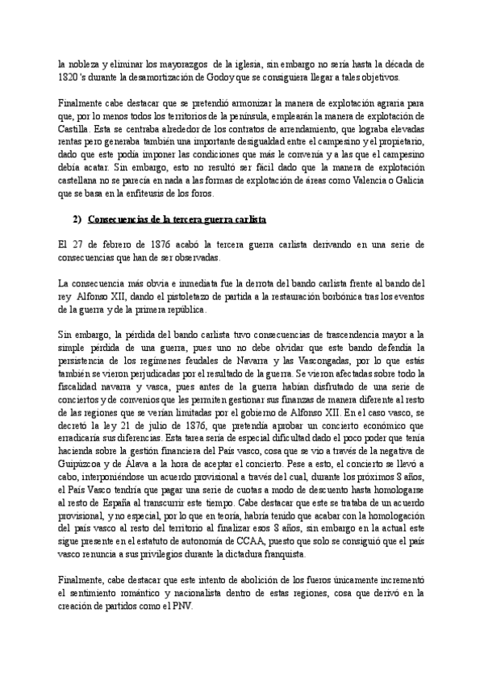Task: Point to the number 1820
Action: tap(71, 77)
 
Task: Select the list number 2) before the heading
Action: tap(78, 220)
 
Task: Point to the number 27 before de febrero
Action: tap(76, 243)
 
